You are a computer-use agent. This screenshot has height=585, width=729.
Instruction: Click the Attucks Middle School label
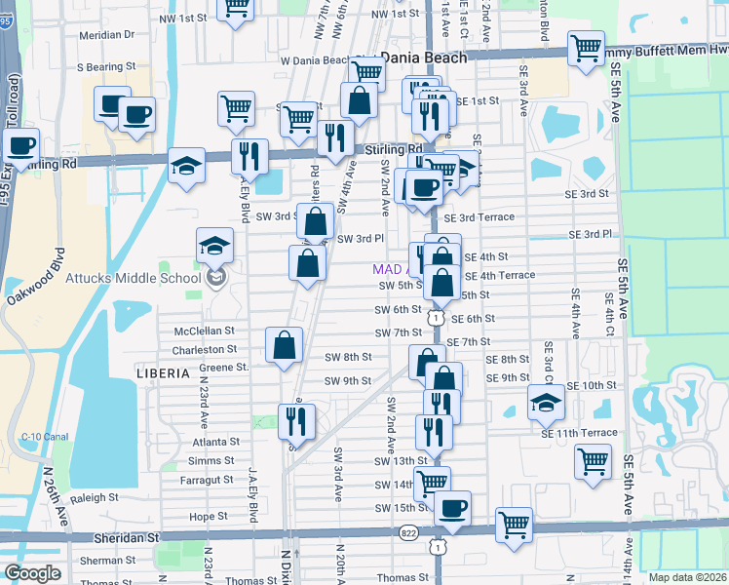(x=134, y=278)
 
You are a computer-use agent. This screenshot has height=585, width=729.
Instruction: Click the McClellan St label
(x=205, y=331)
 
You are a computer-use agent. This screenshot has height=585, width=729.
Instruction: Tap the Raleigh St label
(x=94, y=497)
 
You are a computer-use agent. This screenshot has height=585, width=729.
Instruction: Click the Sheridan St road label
(x=126, y=537)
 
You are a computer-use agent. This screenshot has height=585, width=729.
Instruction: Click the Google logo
(x=32, y=572)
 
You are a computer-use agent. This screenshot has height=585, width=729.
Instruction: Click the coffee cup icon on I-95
(x=20, y=146)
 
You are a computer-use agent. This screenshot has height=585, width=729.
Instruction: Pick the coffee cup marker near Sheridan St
(x=451, y=507)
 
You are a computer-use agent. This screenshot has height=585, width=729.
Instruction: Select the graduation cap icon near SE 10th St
(x=546, y=400)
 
